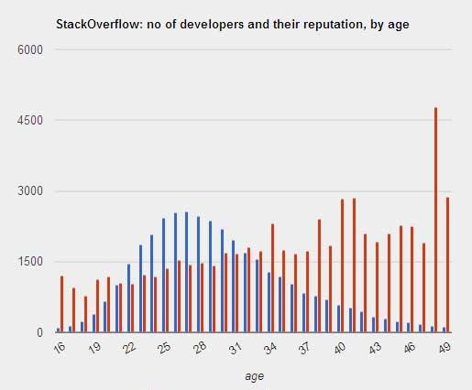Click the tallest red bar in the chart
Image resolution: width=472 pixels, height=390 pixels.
click(x=435, y=220)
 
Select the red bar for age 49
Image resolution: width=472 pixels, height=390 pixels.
click(x=447, y=265)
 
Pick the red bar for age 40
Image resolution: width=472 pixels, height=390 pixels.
click(x=342, y=265)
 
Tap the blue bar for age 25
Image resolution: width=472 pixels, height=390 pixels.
click(x=163, y=276)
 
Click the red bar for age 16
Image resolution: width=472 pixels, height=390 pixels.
click(x=61, y=304)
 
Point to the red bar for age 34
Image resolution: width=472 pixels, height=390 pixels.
click(x=272, y=278)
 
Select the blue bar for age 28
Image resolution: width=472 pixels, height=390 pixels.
click(x=198, y=275)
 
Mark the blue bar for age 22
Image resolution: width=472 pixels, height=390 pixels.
click(x=128, y=298)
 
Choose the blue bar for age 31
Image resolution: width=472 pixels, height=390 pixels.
click(x=233, y=287)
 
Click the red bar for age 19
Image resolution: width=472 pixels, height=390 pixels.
click(x=97, y=306)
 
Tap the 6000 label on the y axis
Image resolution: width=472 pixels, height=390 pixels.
click(x=30, y=49)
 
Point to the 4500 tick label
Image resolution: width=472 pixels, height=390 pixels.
click(x=30, y=120)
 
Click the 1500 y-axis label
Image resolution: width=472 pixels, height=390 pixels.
click(x=30, y=262)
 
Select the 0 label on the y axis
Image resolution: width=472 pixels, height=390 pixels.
click(x=39, y=332)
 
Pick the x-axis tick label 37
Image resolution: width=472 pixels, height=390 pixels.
click(x=304, y=348)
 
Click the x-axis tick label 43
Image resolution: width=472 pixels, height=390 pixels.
click(x=375, y=348)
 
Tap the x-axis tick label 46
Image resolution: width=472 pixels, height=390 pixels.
click(x=410, y=348)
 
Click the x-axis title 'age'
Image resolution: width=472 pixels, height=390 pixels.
click(x=254, y=376)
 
